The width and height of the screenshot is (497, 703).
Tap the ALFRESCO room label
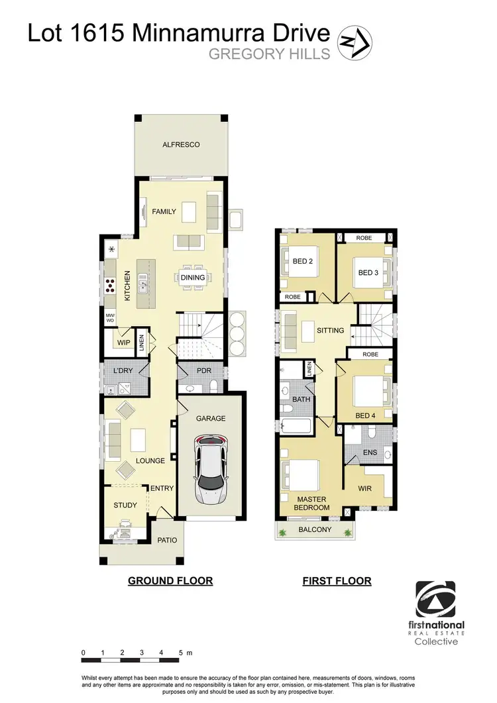tap(181, 144)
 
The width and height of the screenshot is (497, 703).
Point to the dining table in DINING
tap(193, 278)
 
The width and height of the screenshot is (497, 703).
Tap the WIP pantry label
tap(123, 343)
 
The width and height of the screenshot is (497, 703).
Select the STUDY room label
tap(125, 505)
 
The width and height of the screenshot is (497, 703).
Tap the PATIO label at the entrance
tap(168, 540)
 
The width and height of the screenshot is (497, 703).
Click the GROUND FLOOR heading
tap(170, 581)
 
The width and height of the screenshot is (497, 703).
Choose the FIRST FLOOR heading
tap(337, 581)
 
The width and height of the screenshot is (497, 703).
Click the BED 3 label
tap(368, 272)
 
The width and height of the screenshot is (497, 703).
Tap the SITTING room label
tap(330, 329)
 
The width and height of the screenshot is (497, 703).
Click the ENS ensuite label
tap(370, 453)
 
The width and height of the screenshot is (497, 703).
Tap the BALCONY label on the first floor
tap(314, 529)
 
